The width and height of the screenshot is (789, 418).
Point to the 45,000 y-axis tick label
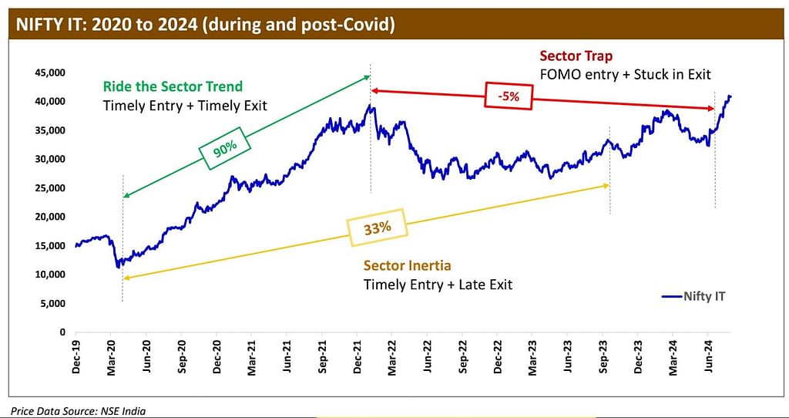49,72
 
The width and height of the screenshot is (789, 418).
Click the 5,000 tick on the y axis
51,303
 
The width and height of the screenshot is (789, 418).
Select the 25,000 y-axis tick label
49,188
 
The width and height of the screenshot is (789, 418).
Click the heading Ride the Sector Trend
172,86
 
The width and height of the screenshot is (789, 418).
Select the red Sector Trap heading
576,56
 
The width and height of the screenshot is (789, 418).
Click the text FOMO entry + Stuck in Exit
625,75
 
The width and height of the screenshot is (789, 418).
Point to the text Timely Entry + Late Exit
438,285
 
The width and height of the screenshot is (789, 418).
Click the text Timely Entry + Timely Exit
185,105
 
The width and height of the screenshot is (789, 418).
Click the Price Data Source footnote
78,411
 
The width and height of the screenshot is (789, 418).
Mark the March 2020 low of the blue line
118,267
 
